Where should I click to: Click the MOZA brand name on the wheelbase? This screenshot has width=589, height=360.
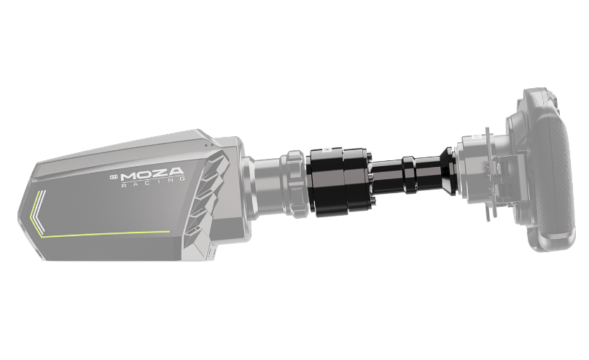(152, 174)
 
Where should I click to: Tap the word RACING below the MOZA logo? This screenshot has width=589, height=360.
(153, 182)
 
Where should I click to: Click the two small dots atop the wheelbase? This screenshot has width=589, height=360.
(209, 145)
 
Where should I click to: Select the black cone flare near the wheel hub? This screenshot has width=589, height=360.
(448, 171)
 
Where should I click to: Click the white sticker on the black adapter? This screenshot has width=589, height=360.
(326, 149)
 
